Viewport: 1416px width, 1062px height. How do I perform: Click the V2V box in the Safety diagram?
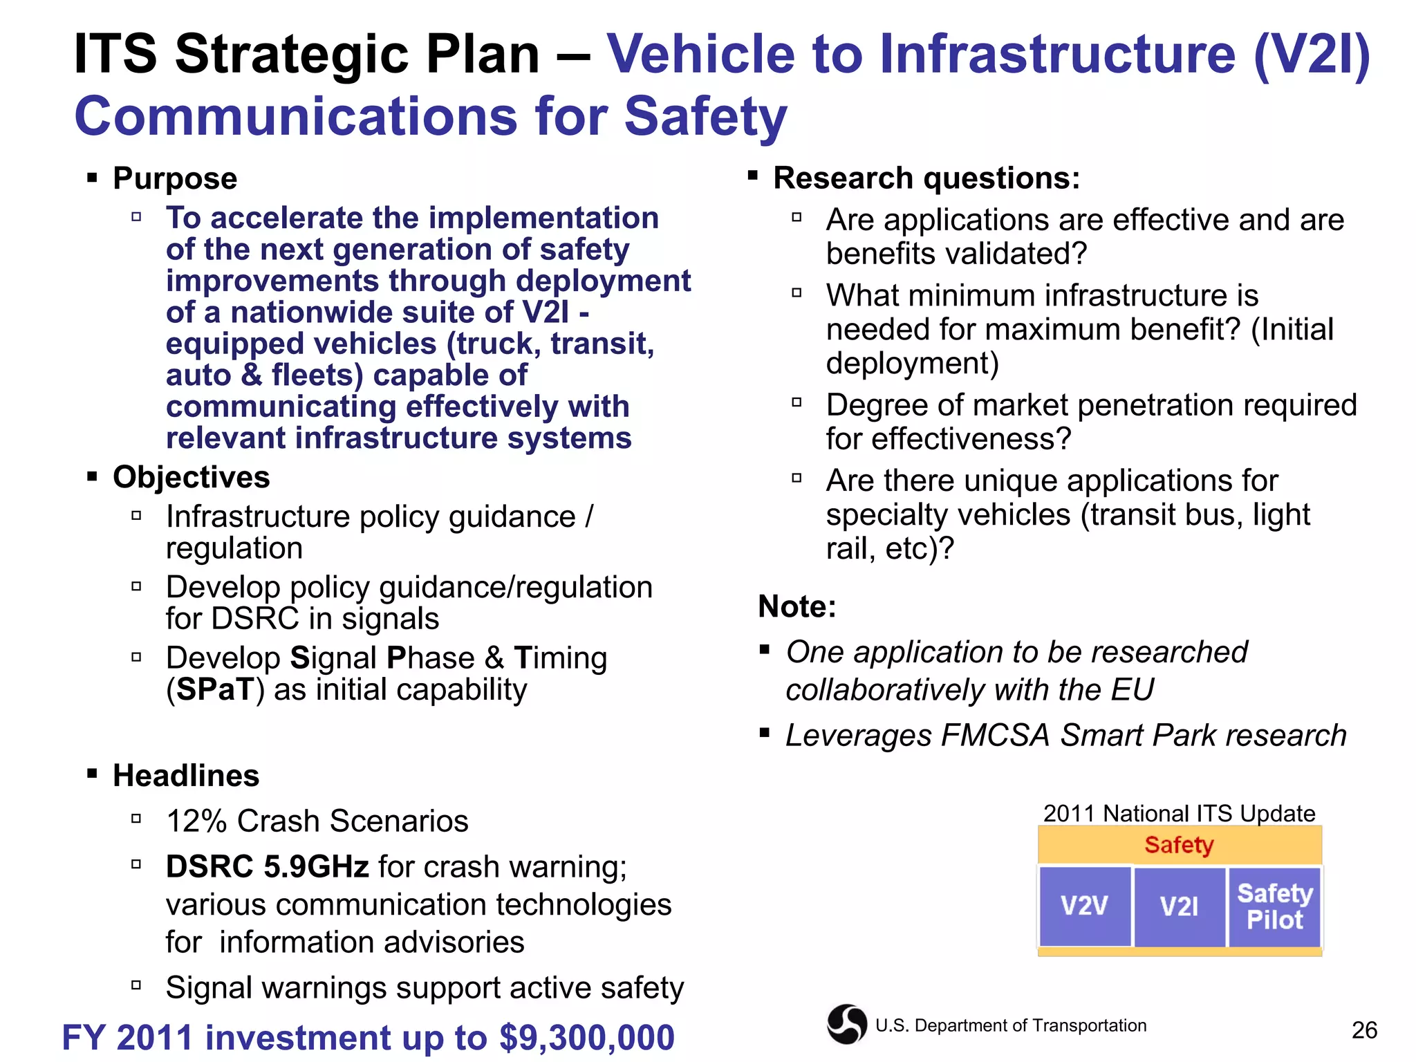(1085, 906)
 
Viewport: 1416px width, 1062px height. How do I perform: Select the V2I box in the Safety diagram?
(1180, 906)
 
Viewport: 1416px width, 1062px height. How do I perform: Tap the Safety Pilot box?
(1275, 906)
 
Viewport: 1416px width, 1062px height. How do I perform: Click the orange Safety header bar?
(1180, 845)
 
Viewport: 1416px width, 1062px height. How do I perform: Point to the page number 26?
(1364, 1030)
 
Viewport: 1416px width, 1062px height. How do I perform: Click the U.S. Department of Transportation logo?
(847, 1024)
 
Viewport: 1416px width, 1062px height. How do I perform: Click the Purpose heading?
(175, 178)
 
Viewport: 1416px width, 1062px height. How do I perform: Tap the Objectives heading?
(191, 477)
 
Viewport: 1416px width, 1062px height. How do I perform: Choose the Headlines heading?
(186, 776)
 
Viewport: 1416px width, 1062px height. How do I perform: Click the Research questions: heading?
(926, 178)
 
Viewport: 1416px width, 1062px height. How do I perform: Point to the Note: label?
(797, 606)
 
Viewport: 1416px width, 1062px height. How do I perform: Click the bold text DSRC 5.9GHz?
(267, 866)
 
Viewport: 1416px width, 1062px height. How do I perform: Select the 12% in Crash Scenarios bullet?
(196, 821)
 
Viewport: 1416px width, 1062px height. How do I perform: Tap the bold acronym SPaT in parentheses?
(214, 690)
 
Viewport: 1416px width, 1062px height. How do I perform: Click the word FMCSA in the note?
(996, 736)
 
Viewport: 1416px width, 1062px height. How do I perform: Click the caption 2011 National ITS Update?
(1179, 813)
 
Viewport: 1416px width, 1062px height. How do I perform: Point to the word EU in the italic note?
(1133, 690)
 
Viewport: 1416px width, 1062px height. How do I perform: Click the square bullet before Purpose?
(92, 178)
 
